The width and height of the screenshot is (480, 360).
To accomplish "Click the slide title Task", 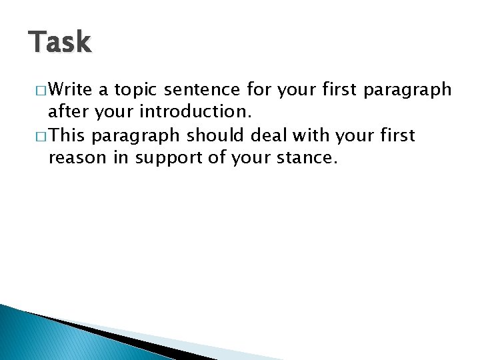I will click(x=60, y=43).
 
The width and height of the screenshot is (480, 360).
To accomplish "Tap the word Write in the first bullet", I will click(x=71, y=89).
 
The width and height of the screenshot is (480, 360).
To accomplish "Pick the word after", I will click(x=68, y=112).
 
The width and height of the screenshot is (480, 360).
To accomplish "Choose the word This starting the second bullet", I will click(x=67, y=136).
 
